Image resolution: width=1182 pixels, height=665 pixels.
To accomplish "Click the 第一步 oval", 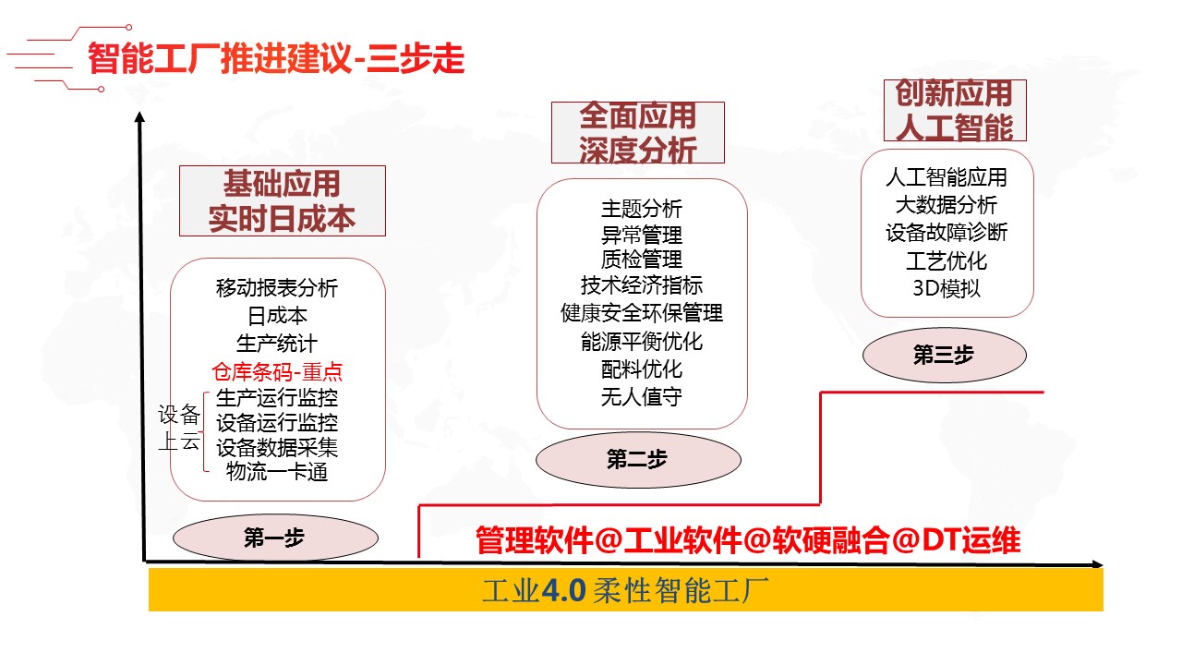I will click(x=275, y=538).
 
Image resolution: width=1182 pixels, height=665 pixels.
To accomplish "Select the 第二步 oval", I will click(x=636, y=459).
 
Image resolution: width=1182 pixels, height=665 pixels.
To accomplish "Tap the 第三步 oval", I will click(x=944, y=355).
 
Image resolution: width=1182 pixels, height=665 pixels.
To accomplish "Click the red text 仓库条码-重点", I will click(x=277, y=372).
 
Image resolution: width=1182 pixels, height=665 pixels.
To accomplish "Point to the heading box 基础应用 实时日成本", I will click(x=282, y=200).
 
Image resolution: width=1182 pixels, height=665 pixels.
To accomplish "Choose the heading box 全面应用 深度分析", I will click(x=637, y=132).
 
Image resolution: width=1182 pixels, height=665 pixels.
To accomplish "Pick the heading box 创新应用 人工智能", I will click(x=947, y=110).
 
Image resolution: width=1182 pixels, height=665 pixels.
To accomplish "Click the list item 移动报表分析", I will click(x=277, y=288).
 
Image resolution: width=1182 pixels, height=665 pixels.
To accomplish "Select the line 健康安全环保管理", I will click(x=642, y=313).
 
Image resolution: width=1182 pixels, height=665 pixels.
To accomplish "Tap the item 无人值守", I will click(x=642, y=398).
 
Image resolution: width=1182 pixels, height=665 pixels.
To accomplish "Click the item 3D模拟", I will click(x=947, y=287).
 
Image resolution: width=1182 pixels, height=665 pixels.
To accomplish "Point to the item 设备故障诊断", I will click(x=947, y=232).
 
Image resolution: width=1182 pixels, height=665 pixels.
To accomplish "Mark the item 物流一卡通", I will click(x=277, y=473).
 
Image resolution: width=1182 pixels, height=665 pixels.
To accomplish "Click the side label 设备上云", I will click(x=179, y=428).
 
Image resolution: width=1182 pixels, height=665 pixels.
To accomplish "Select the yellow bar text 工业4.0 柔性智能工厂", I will click(x=625, y=589).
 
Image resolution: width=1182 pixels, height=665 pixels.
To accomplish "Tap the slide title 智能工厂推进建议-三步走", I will click(x=275, y=60).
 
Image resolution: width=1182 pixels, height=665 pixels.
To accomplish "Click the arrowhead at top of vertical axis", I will click(x=139, y=117).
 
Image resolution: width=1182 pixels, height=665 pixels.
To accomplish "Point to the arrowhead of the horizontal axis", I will click(x=1097, y=563).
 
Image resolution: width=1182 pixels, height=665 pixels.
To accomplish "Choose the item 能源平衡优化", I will click(x=642, y=342).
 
